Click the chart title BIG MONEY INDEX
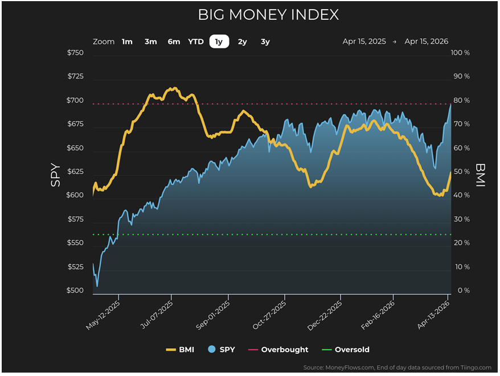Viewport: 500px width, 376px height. (x=268, y=15)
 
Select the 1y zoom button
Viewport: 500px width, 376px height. (x=219, y=42)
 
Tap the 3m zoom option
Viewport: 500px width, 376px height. (x=150, y=42)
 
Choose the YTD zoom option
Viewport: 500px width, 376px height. (x=195, y=42)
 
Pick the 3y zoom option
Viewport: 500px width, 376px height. (x=265, y=42)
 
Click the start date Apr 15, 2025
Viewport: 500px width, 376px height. (x=364, y=42)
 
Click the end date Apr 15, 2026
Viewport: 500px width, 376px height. (x=426, y=42)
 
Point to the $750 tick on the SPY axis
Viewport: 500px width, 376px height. (x=75, y=53)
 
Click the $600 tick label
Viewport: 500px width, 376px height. (x=75, y=196)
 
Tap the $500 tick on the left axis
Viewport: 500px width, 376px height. (x=75, y=291)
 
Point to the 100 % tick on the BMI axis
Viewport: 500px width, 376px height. (x=460, y=53)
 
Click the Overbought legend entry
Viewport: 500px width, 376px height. (x=278, y=350)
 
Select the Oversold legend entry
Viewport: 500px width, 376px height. (x=346, y=350)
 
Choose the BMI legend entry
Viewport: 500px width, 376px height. (x=180, y=350)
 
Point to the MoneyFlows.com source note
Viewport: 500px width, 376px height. (x=398, y=367)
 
